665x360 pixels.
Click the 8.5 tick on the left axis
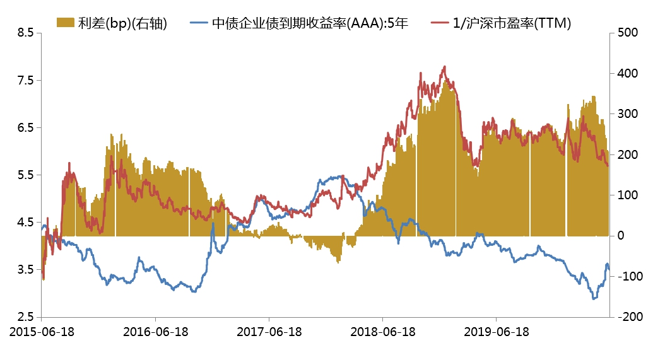[24, 33]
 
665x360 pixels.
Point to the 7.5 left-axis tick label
[24, 80]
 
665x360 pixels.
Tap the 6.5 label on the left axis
[24, 127]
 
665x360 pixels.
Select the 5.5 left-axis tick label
[24, 175]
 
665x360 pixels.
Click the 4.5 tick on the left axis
[24, 222]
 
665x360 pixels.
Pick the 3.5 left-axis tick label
[24, 269]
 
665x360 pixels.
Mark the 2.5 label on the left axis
[24, 316]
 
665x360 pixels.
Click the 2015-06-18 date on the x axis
[42, 331]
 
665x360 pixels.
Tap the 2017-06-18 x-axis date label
[269, 331]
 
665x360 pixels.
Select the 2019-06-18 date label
[496, 331]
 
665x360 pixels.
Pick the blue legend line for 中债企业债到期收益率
[198, 24]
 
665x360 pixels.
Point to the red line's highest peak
[445, 66]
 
